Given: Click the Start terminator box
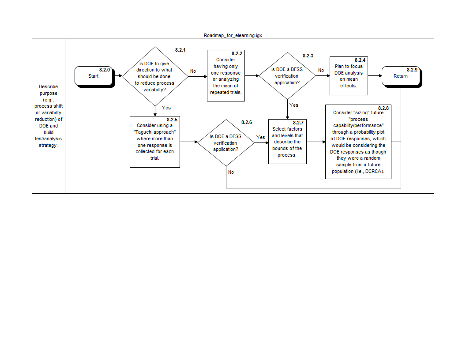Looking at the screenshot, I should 94,76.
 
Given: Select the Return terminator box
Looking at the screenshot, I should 401,76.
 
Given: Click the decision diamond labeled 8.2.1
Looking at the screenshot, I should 155,76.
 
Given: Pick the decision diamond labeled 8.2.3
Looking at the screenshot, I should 287,76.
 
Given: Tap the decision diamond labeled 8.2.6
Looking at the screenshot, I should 225,142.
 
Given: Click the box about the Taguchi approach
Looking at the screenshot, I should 154,142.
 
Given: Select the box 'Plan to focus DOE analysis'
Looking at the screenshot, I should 349,76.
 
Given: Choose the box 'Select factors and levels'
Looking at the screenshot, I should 287,142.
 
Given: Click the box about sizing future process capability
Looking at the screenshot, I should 358,142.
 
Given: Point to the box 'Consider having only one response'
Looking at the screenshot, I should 225,76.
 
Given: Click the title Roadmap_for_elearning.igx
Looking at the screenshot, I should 233,35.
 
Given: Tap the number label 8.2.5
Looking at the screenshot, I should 172,120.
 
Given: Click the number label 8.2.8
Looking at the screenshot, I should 384,108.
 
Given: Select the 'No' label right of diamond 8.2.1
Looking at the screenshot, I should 193,71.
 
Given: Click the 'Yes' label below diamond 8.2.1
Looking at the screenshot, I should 166,108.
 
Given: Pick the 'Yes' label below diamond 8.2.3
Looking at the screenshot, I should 294,105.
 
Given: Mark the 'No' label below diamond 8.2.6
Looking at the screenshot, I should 231,172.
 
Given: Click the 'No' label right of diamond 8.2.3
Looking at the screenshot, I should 321,70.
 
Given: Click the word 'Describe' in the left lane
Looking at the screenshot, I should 48,87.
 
